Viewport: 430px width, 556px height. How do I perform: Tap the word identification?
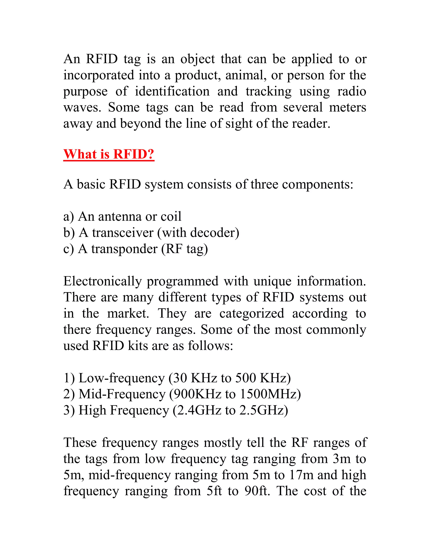(172, 91)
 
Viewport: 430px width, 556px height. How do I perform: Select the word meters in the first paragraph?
(347, 107)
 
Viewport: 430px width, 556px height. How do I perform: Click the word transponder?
(124, 249)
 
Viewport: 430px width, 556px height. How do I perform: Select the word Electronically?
(102, 281)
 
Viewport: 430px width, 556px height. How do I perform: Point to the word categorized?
(252, 314)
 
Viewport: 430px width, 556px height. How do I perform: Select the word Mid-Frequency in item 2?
(122, 394)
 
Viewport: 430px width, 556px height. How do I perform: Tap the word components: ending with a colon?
(318, 184)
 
